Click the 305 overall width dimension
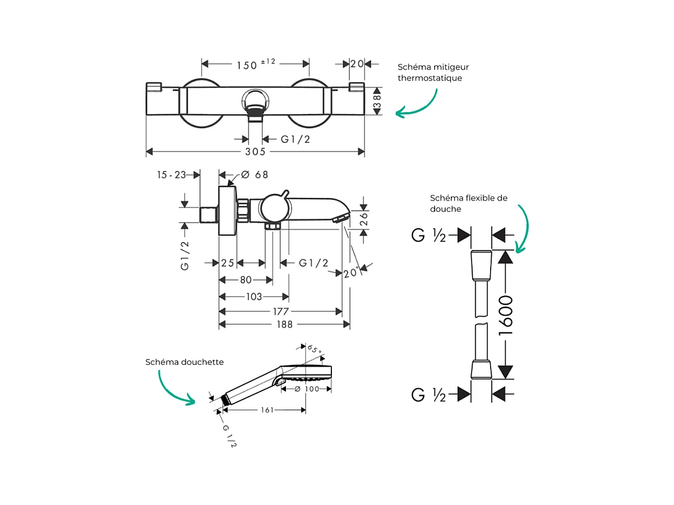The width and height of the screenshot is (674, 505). click(x=255, y=151)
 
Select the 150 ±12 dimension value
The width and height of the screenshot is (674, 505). click(x=255, y=64)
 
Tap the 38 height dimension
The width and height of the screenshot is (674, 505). click(x=378, y=101)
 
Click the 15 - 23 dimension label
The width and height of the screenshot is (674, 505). click(x=171, y=175)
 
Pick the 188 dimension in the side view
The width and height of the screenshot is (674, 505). click(x=284, y=325)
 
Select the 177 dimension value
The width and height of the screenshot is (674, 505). click(x=281, y=312)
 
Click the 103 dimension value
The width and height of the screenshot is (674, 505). click(x=254, y=296)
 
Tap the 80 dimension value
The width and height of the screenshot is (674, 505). click(x=246, y=280)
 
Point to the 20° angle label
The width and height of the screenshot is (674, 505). click(x=351, y=273)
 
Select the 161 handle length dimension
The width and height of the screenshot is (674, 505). click(x=267, y=410)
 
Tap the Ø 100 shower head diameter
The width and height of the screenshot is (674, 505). click(x=307, y=389)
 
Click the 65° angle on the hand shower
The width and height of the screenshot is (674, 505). click(x=315, y=350)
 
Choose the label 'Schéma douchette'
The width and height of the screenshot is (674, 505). click(x=184, y=362)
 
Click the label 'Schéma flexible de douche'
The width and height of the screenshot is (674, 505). click(x=468, y=203)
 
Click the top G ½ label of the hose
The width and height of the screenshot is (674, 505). click(x=428, y=235)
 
